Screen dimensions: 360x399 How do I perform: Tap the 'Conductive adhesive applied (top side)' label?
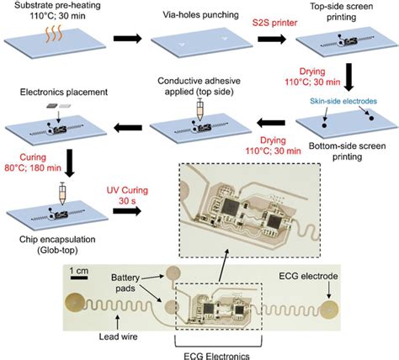(195, 87)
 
